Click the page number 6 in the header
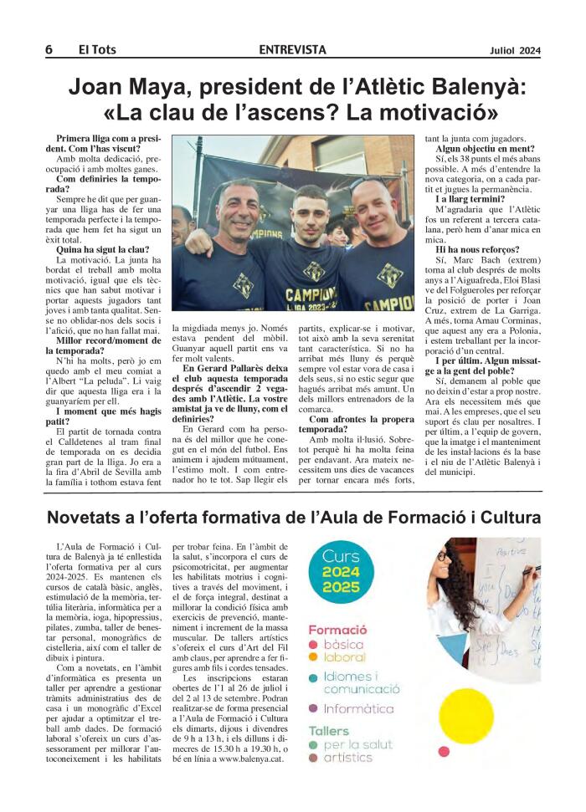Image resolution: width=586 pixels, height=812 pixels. tap(49, 50)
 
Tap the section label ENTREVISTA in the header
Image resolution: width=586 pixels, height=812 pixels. tap(292, 50)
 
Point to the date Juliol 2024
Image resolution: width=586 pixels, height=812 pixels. tap(515, 50)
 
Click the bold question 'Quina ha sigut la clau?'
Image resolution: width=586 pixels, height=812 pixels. tap(103, 249)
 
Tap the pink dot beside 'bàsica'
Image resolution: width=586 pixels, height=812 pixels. tap(313, 645)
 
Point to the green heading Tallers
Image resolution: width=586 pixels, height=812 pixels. tap(328, 729)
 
